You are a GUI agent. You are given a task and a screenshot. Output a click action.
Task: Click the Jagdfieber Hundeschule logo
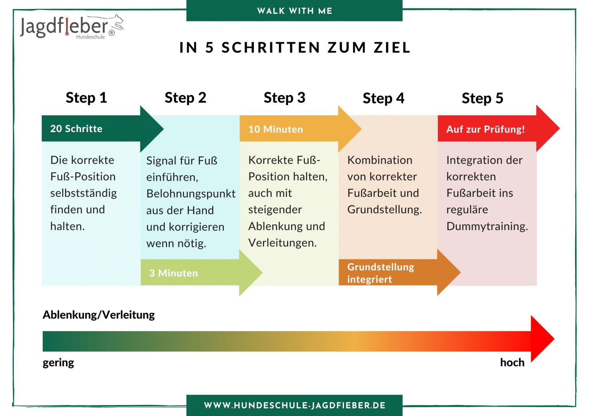tap(72, 27)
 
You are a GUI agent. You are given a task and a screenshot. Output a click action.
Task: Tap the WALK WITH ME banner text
tap(294, 11)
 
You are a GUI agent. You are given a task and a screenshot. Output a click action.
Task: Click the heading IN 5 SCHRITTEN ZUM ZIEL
tap(295, 47)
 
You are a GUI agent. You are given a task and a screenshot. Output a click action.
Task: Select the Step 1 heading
tap(86, 98)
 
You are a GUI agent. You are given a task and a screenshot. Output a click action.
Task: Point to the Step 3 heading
tap(285, 98)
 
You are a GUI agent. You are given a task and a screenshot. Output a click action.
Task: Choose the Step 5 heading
tap(482, 98)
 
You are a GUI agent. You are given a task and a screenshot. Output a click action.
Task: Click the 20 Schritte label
tap(76, 129)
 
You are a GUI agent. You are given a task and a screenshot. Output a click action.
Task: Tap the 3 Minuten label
tap(174, 273)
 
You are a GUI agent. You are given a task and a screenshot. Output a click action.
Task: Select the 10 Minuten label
tap(276, 129)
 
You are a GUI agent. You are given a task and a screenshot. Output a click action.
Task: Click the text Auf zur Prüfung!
tap(485, 129)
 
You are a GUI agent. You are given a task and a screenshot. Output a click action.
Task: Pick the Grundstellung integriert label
tap(380, 273)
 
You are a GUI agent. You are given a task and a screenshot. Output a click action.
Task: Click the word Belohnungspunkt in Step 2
tap(191, 194)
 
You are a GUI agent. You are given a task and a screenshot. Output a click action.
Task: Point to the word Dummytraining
tap(487, 226)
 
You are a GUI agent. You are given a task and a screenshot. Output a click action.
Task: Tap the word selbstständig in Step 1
tap(84, 193)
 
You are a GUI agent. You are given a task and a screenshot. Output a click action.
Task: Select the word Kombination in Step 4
tap(380, 160)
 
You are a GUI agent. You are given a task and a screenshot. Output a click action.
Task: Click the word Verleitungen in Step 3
tap(282, 243)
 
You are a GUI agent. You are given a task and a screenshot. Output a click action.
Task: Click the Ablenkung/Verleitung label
tap(99, 315)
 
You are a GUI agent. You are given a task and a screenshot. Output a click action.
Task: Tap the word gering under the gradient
tap(58, 363)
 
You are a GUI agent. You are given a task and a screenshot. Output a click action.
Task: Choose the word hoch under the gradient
tap(512, 362)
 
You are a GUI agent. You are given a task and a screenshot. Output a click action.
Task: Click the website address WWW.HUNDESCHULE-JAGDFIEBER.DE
tap(294, 405)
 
